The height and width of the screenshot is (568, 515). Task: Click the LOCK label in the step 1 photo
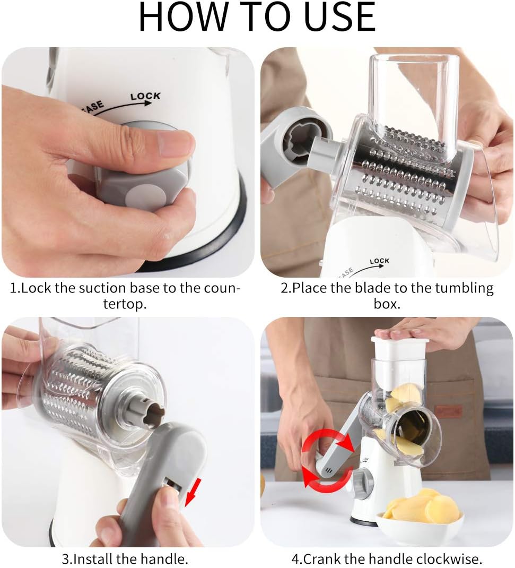point(145,96)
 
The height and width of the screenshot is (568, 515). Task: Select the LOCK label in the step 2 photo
point(379,261)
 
